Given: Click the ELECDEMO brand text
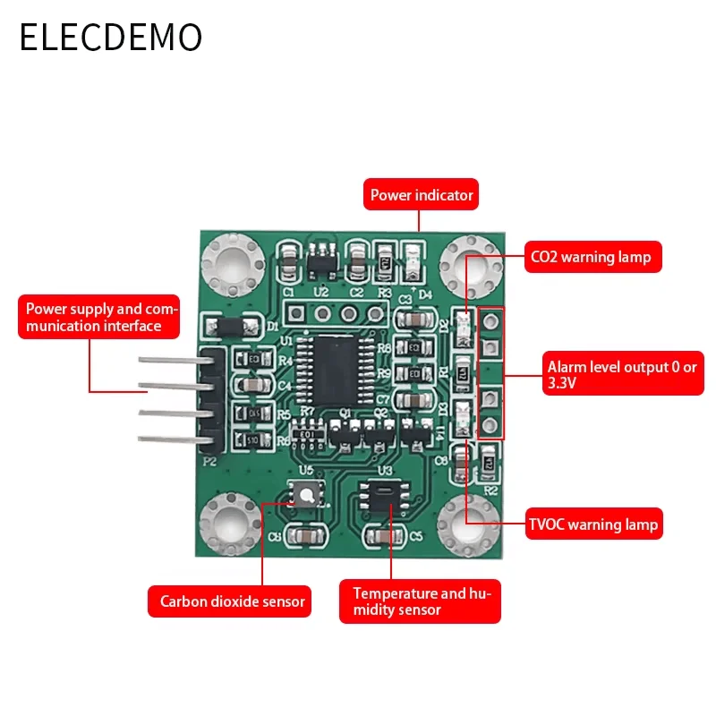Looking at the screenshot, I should click(x=111, y=38).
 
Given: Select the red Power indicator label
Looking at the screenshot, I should click(x=422, y=194).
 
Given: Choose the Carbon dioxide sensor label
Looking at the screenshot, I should click(x=233, y=601).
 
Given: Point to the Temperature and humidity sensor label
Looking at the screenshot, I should click(x=420, y=601).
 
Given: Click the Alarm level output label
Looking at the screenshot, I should click(x=623, y=374).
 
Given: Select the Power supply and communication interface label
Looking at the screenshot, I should click(x=99, y=318).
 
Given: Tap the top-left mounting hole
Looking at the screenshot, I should click(x=232, y=265).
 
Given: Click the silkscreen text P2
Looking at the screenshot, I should click(x=210, y=462).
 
